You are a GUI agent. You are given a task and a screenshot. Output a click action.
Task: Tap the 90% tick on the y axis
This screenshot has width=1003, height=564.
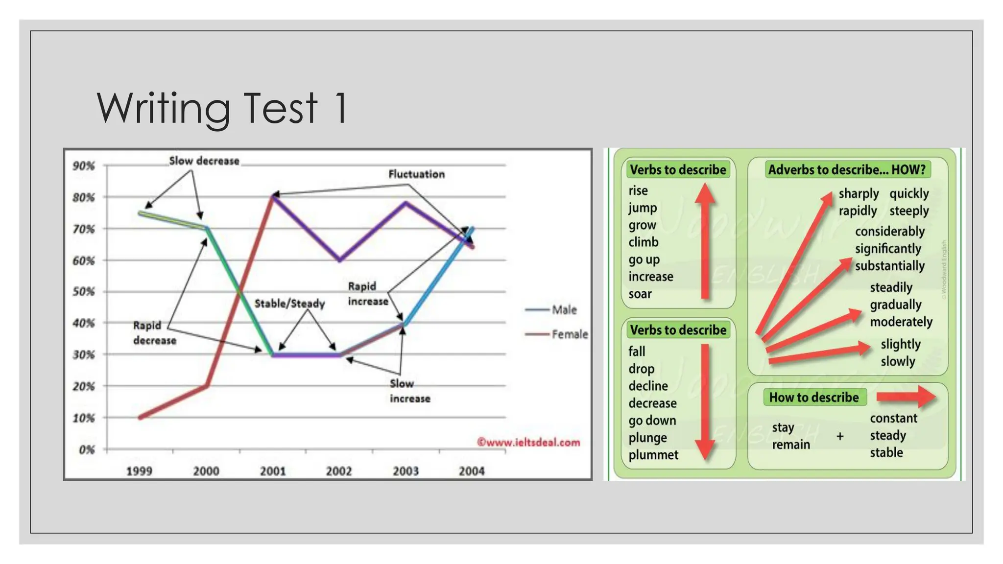point(84,166)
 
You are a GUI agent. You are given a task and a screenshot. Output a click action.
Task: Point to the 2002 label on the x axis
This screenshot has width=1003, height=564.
point(339,471)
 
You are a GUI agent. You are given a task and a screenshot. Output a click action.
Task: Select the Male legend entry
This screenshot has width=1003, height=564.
point(564,310)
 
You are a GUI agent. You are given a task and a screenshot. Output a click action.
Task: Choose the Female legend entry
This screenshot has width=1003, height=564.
point(569,334)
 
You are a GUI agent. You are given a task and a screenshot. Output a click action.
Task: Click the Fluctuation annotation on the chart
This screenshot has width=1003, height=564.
point(416,174)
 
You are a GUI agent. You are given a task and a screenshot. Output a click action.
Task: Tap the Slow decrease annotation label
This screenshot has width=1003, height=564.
point(204,161)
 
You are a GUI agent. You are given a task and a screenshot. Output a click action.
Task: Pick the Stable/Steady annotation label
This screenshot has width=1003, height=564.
point(289,304)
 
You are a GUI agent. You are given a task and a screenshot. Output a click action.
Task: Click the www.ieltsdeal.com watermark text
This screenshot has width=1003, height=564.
point(528,443)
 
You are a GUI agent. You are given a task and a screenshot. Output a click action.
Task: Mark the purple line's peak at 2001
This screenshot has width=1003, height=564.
point(273,196)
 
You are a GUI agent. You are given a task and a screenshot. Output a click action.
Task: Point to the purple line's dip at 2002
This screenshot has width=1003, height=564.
point(339,260)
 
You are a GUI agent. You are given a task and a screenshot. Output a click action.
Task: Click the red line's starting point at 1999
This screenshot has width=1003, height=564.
point(141,417)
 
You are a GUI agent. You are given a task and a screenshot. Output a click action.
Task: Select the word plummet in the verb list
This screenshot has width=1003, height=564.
point(653,455)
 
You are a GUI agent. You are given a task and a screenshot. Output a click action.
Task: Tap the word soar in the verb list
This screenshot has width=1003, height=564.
point(640,294)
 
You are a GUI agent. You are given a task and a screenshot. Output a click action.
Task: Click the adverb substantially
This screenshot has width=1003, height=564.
point(890,266)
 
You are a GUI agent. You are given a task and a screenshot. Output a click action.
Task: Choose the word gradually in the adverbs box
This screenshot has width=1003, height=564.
point(896,305)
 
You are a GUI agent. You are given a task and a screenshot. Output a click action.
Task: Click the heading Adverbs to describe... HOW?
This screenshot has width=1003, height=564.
point(847,170)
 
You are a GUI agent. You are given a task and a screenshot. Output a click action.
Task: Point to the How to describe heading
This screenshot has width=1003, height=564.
point(814,397)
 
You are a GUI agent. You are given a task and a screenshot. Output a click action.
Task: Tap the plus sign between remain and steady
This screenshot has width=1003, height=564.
point(840,436)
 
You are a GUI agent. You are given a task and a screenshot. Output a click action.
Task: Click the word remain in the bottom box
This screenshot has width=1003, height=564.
point(791,445)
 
